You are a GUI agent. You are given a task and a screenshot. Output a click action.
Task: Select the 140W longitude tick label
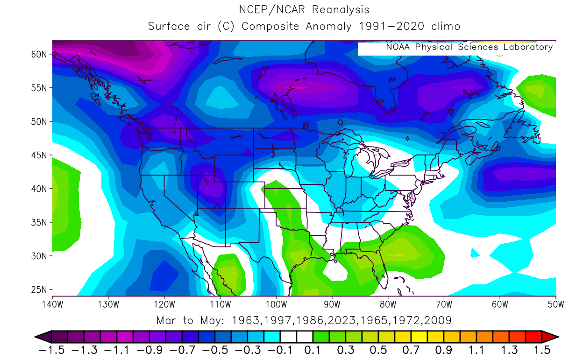52,305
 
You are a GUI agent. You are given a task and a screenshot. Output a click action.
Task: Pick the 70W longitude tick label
444,305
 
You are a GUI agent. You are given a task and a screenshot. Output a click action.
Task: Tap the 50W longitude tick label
555,305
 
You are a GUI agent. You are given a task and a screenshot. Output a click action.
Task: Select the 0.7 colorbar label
410,349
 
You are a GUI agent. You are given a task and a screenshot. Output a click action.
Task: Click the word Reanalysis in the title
340,10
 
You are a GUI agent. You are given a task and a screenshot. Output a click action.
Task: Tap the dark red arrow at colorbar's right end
549,337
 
